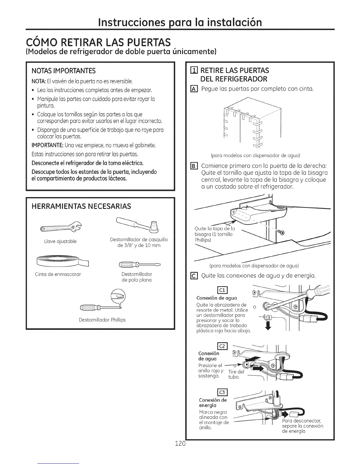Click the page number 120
pos(180,443)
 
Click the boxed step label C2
pos(221,346)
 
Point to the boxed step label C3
pos(221,392)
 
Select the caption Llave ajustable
pos(60,241)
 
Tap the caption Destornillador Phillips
pos(102,319)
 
